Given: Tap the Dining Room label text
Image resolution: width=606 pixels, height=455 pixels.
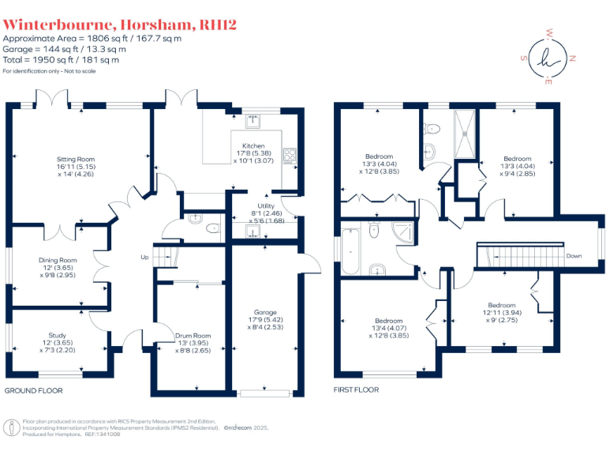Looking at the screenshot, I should point(59,260).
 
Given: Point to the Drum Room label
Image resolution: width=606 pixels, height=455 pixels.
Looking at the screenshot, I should point(193,336).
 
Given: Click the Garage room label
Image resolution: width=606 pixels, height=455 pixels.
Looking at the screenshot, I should point(265,311).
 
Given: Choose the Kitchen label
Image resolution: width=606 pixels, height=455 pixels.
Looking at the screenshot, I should point(253,145).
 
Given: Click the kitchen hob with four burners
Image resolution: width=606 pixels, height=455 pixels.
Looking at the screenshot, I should point(289,155).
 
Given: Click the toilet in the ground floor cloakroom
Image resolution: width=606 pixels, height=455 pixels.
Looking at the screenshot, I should point(211,229).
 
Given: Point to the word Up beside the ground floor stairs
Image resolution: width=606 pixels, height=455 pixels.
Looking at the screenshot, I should point(144,257).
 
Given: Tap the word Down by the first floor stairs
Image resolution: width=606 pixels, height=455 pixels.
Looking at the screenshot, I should point(574,256).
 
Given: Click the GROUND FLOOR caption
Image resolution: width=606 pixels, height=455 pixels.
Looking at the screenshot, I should point(34,391).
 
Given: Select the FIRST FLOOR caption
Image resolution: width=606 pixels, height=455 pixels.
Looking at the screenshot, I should point(356,390).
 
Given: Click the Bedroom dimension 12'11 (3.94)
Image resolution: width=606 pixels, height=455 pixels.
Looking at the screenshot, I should point(501,313).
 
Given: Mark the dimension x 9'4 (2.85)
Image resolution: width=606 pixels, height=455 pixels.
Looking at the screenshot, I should point(517,174).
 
